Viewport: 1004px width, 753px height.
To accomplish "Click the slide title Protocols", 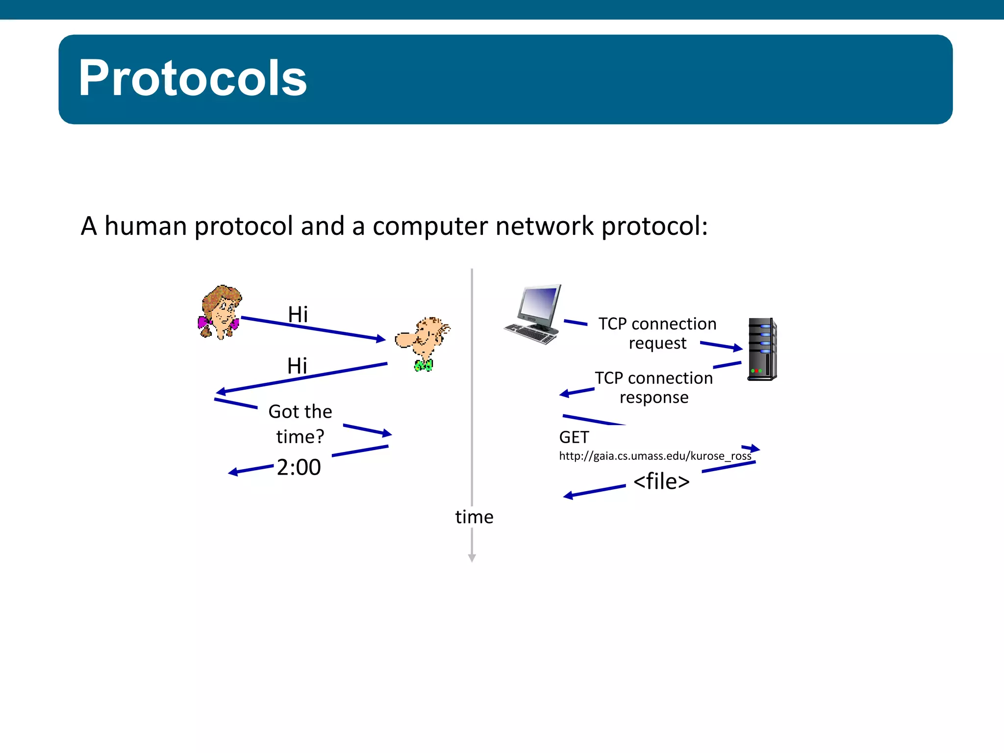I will [193, 78].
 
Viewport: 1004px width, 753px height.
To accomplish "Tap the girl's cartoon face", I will [222, 311].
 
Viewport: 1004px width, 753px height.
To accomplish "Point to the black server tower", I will [762, 349].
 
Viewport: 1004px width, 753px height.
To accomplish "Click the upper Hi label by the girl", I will [298, 314].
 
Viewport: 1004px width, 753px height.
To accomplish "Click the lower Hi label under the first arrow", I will [297, 366].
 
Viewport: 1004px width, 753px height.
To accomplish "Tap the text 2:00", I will [299, 467].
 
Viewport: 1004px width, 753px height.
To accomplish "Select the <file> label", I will [661, 481].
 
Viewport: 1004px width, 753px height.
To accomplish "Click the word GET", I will [574, 437].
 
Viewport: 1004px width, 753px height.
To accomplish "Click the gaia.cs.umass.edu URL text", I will [655, 456].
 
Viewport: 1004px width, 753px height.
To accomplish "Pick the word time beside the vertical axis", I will [474, 517].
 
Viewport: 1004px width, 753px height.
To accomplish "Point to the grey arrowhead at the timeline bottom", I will [472, 558].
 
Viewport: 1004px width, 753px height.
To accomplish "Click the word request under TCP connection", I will [657, 344].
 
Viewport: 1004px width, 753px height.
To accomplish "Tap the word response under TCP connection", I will [654, 398].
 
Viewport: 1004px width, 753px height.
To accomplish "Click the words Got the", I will [300, 412].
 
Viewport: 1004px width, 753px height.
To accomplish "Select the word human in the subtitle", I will [146, 226].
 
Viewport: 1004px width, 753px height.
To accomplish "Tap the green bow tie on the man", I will [424, 365].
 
